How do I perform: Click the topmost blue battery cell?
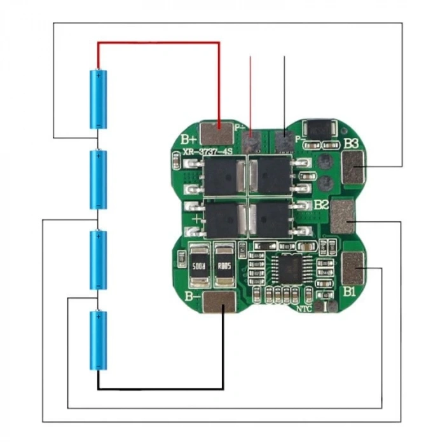(98, 99)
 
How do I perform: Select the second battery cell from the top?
(98, 179)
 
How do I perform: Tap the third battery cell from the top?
(98, 259)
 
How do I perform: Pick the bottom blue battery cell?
(98, 339)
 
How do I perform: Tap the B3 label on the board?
(352, 143)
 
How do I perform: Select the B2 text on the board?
(322, 205)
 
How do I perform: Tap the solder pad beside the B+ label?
(217, 133)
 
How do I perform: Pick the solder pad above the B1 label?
(353, 268)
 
